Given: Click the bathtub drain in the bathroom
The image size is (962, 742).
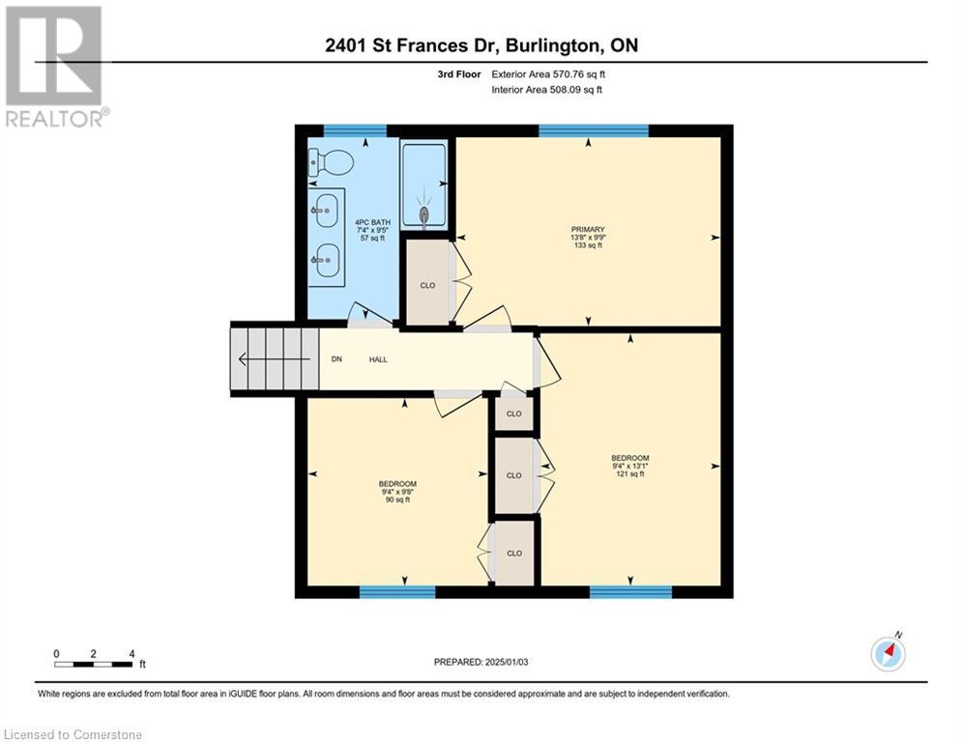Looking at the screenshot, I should point(423,214).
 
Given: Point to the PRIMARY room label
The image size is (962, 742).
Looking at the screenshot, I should point(587,230).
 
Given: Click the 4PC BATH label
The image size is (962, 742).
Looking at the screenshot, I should point(372,222).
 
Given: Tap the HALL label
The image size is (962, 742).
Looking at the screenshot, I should point(378,359).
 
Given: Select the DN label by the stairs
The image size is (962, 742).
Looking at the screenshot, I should point(336,359).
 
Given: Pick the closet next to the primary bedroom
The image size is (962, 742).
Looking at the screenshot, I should point(427,285).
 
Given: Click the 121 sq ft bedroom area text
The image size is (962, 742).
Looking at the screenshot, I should point(629,474).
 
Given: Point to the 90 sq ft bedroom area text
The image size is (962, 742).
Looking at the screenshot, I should point(397,499).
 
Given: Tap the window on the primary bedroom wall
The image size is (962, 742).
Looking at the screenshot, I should point(593,130).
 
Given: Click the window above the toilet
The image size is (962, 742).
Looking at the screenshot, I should point(354,130).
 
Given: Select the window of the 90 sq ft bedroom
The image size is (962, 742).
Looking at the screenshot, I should point(397,591).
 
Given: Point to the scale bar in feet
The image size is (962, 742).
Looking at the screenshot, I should point(94,663).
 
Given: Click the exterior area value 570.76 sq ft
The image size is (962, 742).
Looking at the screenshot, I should point(574,73).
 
